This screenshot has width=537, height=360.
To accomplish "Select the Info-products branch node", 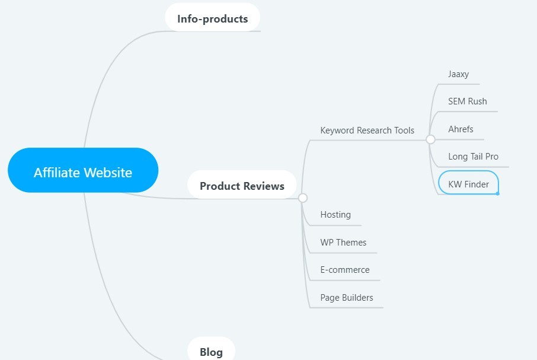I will click(x=212, y=18).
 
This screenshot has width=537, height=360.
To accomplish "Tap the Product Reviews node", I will click(x=242, y=186).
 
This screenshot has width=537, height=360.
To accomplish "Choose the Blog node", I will click(x=211, y=352).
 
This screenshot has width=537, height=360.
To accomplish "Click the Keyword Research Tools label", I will click(x=367, y=130).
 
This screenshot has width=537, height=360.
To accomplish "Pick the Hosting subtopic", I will click(x=335, y=215).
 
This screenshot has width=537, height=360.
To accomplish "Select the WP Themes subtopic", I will click(x=343, y=243).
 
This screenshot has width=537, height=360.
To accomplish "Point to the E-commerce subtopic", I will click(x=345, y=270).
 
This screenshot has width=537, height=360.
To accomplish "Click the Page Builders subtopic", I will click(x=347, y=298).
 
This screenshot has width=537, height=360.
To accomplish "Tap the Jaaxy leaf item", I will click(x=458, y=74).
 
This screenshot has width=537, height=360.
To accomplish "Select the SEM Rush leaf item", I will click(x=468, y=101).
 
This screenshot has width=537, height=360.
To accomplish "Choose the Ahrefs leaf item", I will click(x=461, y=129).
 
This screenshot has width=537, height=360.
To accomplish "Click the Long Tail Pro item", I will click(x=473, y=157).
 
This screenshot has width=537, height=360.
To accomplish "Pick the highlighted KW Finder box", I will click(x=468, y=184).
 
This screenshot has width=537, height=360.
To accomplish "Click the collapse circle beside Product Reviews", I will click(x=303, y=197).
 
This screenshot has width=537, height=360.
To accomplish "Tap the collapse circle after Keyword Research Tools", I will click(x=431, y=139).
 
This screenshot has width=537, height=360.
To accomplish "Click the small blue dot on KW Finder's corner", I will click(x=497, y=193).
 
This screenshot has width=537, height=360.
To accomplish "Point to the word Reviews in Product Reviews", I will click(x=266, y=186).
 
